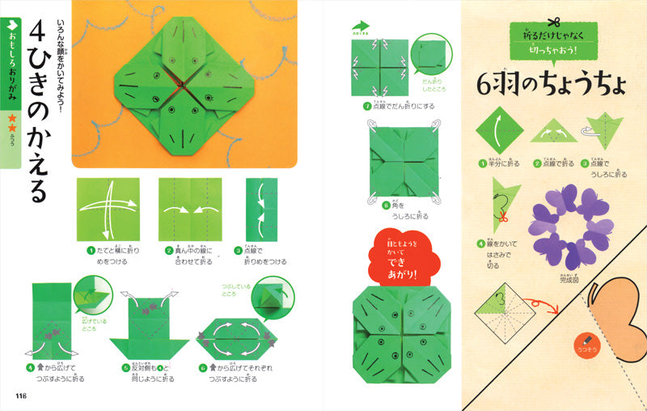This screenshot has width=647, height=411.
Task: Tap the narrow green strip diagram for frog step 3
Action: coord(258,208)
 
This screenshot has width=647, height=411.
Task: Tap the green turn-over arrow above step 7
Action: coord(359,27)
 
